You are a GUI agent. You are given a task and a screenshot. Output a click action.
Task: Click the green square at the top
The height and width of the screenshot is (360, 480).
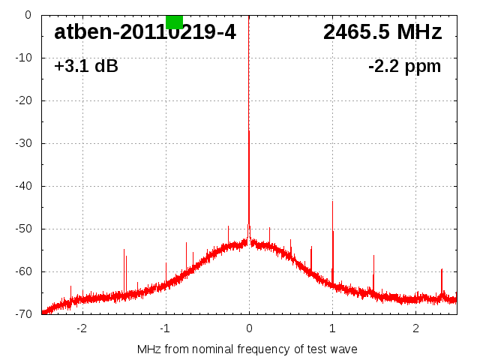pos(174,22)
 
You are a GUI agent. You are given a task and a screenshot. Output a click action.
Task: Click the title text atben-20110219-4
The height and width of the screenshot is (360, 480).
pos(145,32)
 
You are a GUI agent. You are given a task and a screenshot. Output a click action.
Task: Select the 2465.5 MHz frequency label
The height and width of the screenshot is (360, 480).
pos(382,32)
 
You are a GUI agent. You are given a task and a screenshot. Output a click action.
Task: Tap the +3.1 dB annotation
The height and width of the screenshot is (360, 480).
pos(86,67)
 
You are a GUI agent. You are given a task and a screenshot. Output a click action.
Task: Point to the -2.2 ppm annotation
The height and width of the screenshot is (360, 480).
pos(404,67)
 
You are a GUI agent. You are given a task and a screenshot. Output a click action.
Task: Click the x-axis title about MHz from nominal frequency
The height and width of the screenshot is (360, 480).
pos(247,349)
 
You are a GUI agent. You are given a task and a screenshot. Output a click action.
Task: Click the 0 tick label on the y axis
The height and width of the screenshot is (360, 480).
pos(28,15)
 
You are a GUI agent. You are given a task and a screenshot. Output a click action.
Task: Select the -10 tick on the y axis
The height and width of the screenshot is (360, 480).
pos(23,58)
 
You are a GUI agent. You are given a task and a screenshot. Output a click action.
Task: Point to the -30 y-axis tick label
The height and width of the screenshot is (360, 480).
pos(23,143)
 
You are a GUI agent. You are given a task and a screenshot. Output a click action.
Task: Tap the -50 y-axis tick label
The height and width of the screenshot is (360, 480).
pos(23,229)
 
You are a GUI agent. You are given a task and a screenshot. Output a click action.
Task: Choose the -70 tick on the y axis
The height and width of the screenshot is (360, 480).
pos(23,314)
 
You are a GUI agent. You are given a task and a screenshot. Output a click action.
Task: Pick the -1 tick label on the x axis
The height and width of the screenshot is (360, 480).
pos(164,328)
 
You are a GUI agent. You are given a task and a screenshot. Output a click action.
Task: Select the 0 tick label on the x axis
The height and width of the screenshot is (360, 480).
pos(249,328)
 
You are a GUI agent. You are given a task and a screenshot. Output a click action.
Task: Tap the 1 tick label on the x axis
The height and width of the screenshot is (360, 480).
pos(332,328)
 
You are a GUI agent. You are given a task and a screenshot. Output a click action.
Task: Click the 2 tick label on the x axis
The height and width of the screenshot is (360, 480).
pos(415,328)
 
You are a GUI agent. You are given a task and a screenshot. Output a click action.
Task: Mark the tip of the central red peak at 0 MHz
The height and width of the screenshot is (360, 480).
pos(249,131)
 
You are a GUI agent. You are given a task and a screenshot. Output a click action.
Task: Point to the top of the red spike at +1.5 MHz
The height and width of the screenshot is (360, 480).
pos(373,256)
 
